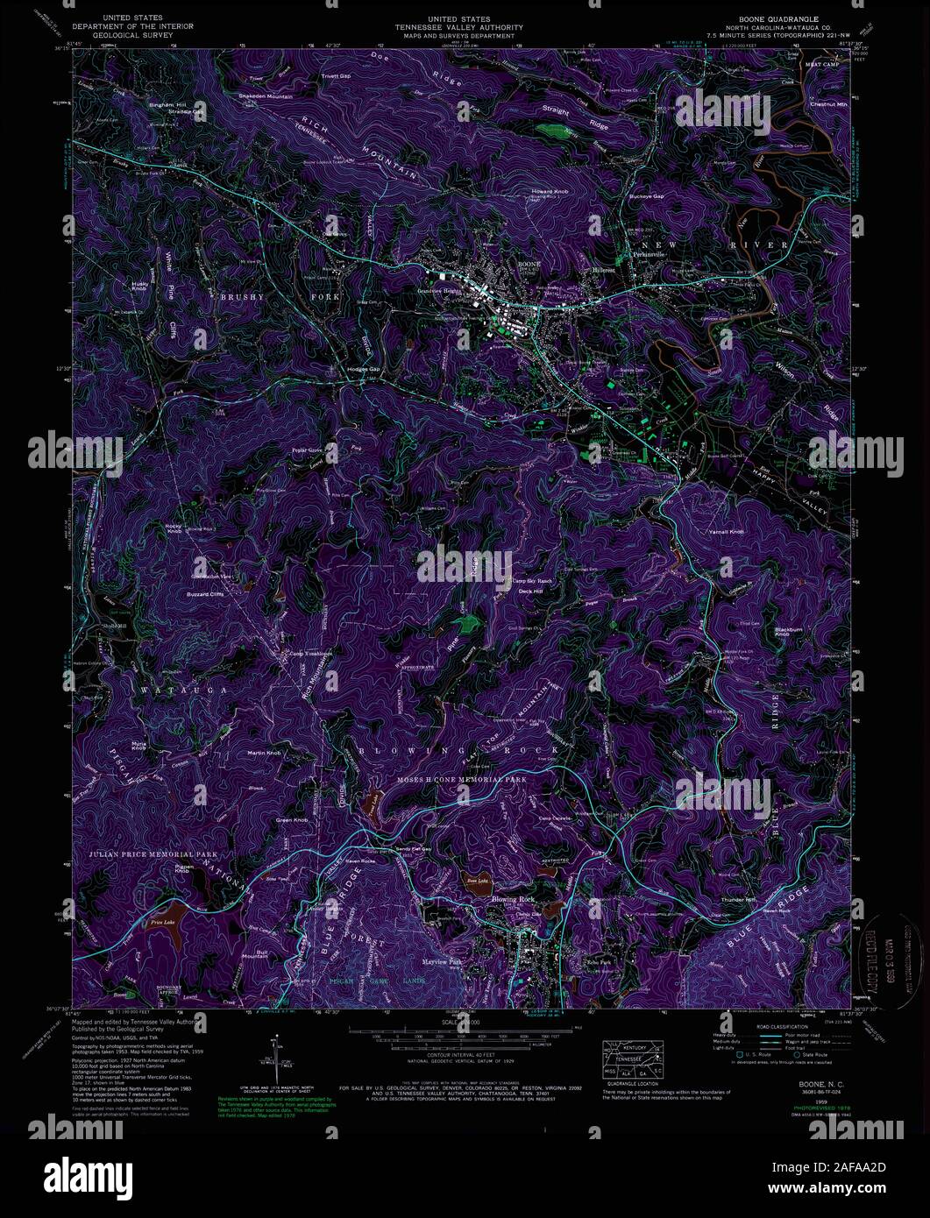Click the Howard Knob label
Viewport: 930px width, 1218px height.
click(x=550, y=191)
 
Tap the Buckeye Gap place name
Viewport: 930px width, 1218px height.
click(x=647, y=196)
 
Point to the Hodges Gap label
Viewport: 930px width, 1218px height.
click(x=363, y=369)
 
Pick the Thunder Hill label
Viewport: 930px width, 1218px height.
click(x=737, y=900)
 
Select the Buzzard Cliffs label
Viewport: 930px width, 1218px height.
click(x=205, y=594)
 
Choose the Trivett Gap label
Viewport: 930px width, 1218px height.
click(x=336, y=76)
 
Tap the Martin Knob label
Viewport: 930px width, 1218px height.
click(x=263, y=753)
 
